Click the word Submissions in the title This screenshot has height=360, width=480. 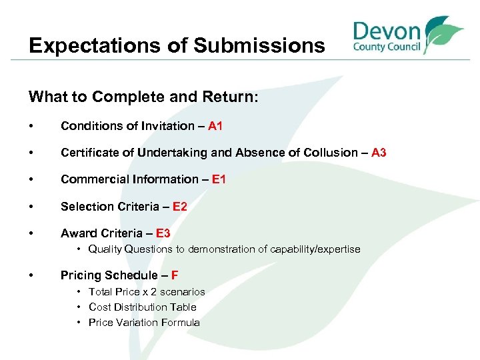click(259, 45)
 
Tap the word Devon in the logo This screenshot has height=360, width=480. click(387, 31)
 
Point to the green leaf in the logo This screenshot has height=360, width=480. click(443, 33)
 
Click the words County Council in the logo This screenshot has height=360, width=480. click(387, 48)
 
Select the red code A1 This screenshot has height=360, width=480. click(215, 125)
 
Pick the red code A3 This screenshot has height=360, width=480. click(379, 153)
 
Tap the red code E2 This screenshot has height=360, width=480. click(180, 207)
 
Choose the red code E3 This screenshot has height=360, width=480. click(163, 233)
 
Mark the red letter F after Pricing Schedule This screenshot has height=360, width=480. click(175, 275)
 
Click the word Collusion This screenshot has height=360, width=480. click(329, 153)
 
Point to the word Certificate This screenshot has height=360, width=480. click(87, 153)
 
